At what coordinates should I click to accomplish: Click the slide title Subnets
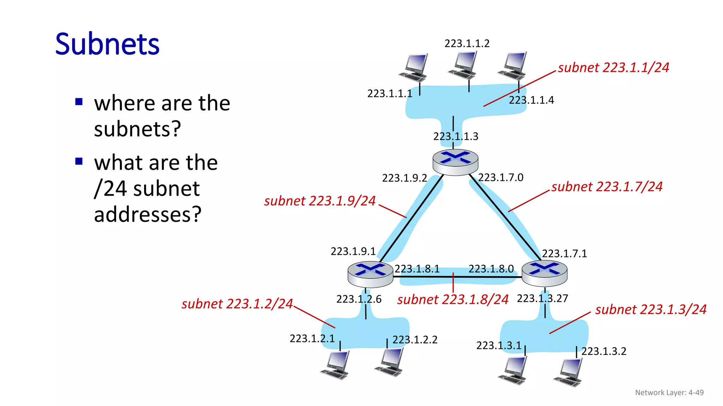click(x=107, y=44)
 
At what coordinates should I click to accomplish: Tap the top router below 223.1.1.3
click(x=455, y=162)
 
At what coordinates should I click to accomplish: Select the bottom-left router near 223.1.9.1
click(x=370, y=274)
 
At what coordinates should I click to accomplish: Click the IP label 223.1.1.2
click(x=467, y=43)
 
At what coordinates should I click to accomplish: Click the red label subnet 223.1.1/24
click(x=613, y=67)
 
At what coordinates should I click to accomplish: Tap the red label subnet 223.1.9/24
click(x=320, y=201)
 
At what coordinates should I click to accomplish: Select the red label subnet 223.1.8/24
click(x=453, y=299)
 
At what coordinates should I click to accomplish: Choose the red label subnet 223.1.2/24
click(x=237, y=303)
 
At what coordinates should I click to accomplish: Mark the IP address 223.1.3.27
click(x=542, y=298)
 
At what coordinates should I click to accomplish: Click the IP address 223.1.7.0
click(x=501, y=177)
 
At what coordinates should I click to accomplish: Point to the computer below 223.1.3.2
click(x=568, y=372)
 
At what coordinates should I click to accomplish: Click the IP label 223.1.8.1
click(x=417, y=269)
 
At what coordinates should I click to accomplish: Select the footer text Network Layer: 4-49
click(x=669, y=392)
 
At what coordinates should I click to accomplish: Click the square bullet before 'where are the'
click(x=79, y=102)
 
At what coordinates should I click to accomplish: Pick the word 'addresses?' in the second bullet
click(x=148, y=214)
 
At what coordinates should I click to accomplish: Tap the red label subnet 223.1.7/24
click(x=607, y=186)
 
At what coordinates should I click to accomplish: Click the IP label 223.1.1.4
click(x=531, y=100)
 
